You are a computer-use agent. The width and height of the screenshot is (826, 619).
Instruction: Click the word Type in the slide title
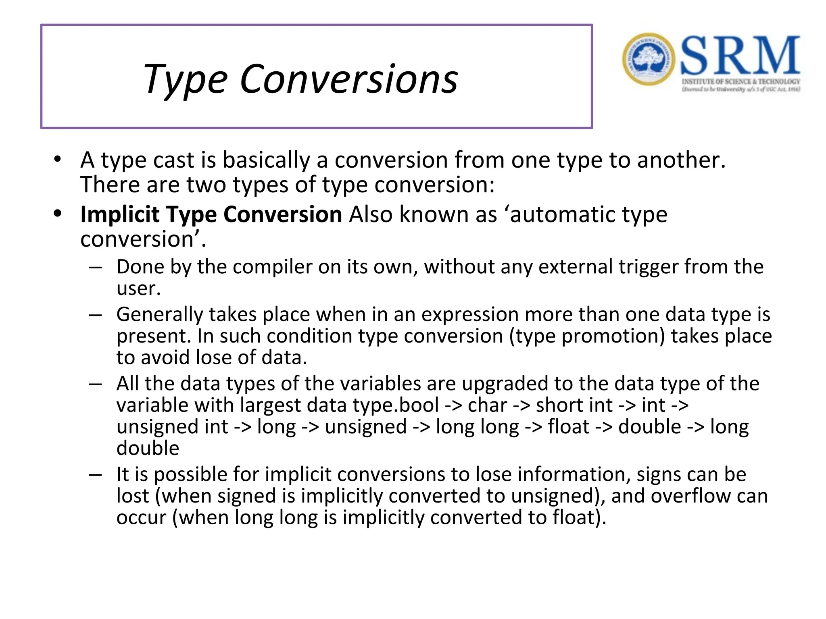(x=186, y=79)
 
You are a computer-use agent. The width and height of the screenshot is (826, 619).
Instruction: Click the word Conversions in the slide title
(x=348, y=79)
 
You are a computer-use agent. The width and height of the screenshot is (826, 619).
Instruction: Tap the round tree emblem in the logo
(x=648, y=59)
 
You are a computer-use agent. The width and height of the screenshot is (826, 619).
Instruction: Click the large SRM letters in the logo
(x=740, y=55)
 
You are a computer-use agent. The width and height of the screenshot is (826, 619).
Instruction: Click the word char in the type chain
(x=487, y=405)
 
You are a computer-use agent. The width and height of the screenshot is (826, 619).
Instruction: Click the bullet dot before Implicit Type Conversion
(x=58, y=214)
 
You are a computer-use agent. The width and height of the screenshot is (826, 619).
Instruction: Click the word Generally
(x=159, y=315)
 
